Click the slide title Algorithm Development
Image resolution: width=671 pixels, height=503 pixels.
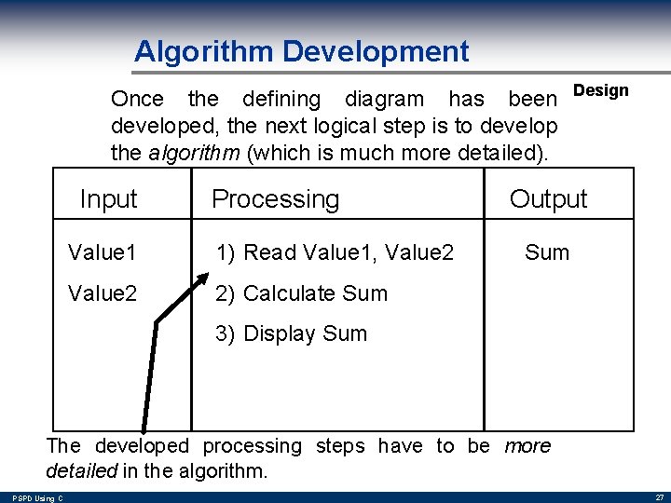pos(301,50)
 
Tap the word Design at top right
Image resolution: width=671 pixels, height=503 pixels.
pos(600,90)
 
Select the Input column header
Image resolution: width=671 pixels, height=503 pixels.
pos(108,198)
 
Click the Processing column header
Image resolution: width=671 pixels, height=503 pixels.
pos(275,198)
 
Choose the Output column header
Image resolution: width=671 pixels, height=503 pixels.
pos(548,198)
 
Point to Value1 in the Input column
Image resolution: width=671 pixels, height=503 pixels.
pos(103,251)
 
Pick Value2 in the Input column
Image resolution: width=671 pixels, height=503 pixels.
pos(103,292)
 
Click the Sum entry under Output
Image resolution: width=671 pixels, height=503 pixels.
pos(547,251)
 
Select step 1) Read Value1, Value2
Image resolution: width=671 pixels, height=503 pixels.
pos(335,251)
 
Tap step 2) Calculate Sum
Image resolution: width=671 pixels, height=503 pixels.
pos(301,292)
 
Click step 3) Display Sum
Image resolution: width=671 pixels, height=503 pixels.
pos(291,333)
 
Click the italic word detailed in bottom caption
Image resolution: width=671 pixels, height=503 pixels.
pos(80,470)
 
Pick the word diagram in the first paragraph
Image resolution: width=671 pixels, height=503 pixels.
pos(385,99)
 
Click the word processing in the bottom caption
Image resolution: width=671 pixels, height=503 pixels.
pos(252,446)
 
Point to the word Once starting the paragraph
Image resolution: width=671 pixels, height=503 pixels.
pos(137,99)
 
